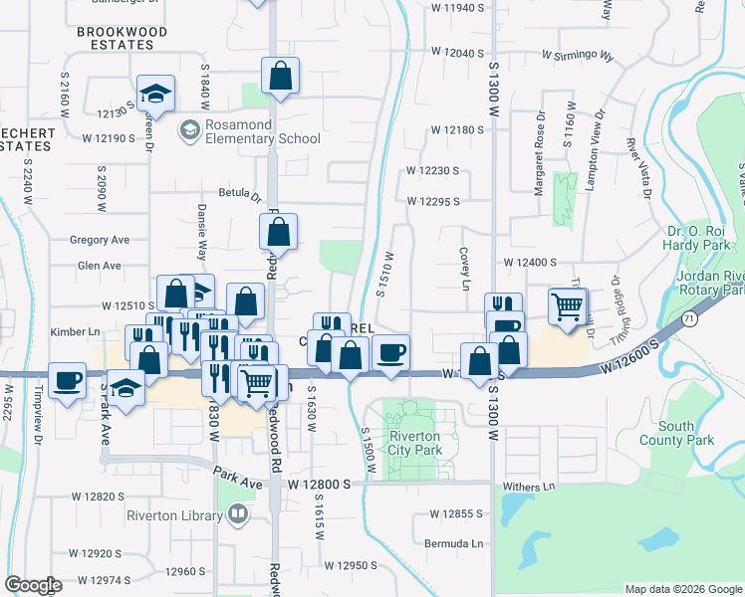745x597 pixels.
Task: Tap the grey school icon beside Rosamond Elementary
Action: [x=188, y=130]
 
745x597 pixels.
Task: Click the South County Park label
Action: [x=689, y=433]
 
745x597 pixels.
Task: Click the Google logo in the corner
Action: [x=33, y=585]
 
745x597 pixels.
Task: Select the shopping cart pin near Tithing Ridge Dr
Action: [x=567, y=306]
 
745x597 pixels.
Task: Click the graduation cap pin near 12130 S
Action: [x=155, y=94]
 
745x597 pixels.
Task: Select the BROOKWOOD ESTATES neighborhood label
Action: [x=123, y=39]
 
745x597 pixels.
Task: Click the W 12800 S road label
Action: [x=320, y=484]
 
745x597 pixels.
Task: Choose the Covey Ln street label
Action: [x=464, y=270]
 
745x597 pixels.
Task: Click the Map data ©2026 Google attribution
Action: [x=682, y=589]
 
